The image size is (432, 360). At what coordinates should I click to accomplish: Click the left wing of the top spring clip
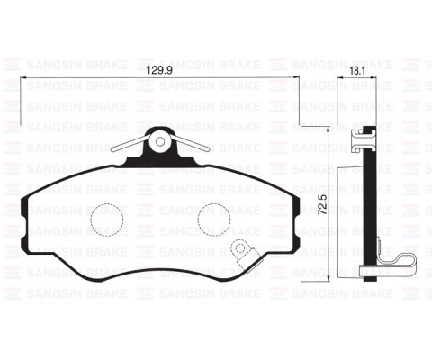point(127,147)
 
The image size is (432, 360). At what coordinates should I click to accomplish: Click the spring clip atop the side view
point(362,137)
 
